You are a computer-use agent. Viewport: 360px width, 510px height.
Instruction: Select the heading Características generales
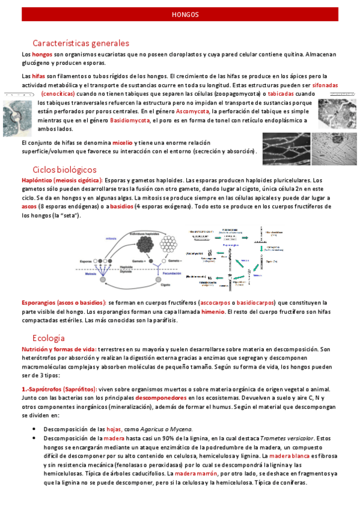point(81,43)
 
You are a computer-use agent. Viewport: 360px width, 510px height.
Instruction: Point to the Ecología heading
point(49,337)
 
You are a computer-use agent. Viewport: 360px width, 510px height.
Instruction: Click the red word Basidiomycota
point(130,120)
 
